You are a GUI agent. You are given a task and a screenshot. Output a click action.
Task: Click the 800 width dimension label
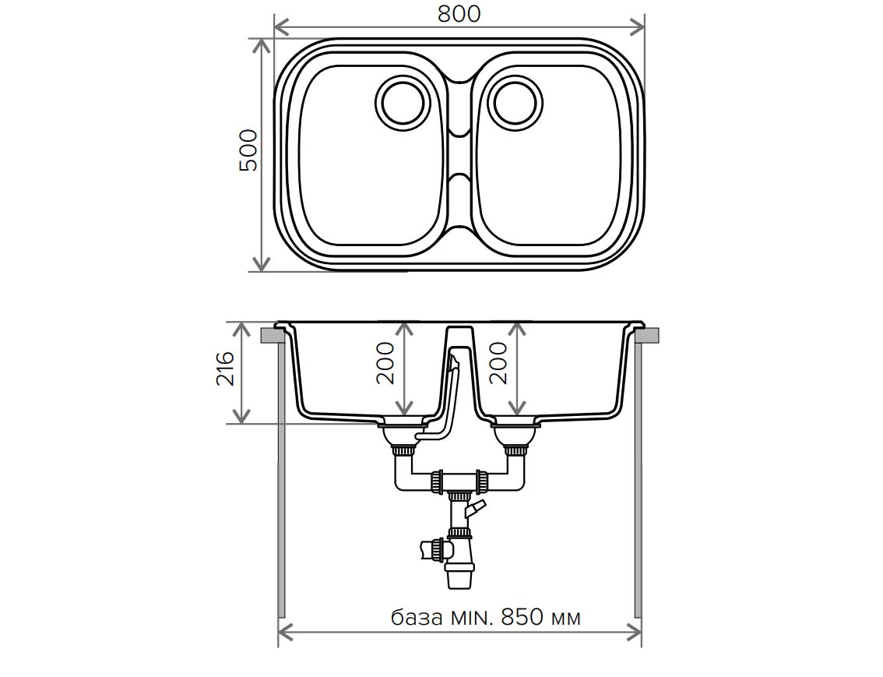click(459, 14)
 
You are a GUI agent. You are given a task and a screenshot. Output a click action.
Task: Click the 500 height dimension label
click(248, 150)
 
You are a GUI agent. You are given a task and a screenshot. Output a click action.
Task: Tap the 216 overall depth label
click(225, 368)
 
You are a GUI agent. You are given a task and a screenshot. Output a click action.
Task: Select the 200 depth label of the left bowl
click(386, 363)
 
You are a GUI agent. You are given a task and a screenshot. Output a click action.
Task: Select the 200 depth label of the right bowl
click(499, 363)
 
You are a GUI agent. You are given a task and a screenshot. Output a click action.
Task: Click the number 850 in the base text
click(522, 617)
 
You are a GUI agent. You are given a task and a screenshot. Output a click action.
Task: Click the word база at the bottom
click(417, 618)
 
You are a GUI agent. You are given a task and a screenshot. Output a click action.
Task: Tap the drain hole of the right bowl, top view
click(516, 104)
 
